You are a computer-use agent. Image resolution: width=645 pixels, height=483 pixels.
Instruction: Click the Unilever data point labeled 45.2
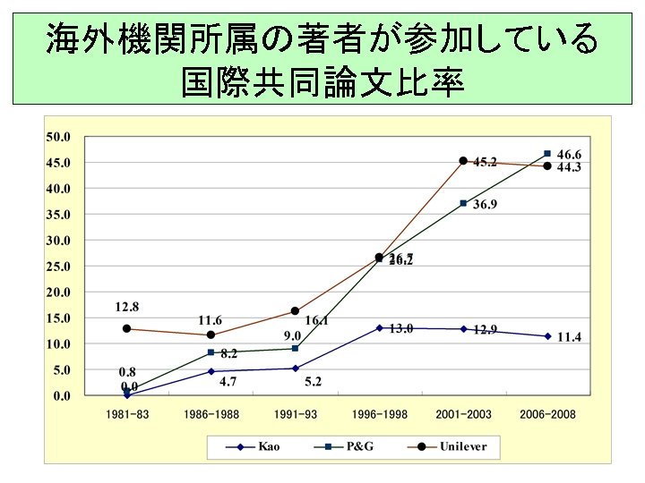(x=463, y=161)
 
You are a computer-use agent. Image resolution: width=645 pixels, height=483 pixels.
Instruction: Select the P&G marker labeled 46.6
(x=547, y=153)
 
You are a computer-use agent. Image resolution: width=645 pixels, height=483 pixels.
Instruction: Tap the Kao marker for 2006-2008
(x=547, y=336)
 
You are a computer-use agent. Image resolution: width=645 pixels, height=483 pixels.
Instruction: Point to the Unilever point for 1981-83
(x=126, y=328)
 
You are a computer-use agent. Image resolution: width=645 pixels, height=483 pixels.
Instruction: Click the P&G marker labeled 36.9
(x=463, y=203)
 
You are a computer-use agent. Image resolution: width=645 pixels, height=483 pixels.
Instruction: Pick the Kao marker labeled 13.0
(x=379, y=328)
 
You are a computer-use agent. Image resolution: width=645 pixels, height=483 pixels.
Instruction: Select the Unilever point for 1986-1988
(x=211, y=335)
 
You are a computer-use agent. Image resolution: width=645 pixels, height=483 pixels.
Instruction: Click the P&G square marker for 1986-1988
(x=211, y=352)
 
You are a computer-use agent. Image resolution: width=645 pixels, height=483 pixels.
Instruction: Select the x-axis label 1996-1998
(x=379, y=414)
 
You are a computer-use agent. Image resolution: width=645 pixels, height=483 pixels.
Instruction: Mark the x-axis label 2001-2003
(x=463, y=414)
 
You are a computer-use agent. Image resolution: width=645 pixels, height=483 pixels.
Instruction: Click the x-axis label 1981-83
(x=126, y=414)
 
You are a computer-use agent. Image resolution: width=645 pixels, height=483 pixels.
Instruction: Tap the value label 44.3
(x=569, y=167)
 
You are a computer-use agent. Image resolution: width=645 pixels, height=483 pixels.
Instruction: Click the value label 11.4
(x=569, y=337)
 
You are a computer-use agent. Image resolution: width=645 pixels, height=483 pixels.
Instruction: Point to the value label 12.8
(x=126, y=307)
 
